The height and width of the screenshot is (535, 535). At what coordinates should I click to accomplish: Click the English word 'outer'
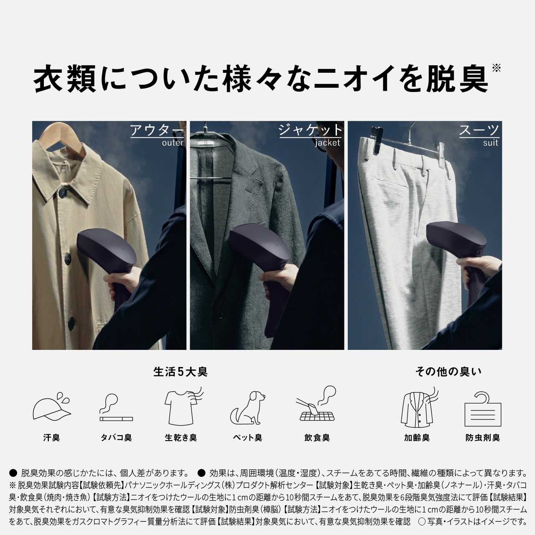pos(172,143)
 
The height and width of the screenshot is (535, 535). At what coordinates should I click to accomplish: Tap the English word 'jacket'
pos(328,143)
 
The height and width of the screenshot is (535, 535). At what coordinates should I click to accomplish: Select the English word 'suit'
pos(490,143)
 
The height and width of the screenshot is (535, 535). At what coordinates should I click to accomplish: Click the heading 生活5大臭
pos(180,372)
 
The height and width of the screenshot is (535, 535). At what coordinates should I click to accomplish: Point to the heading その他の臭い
pos(448,372)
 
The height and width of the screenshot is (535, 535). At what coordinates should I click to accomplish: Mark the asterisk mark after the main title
pos(496,68)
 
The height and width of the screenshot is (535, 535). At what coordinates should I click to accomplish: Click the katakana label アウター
pos(156,130)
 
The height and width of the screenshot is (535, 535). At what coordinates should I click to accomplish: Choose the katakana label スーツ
pos(479,130)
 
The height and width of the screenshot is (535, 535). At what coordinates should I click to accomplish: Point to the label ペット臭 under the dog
pos(247,438)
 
